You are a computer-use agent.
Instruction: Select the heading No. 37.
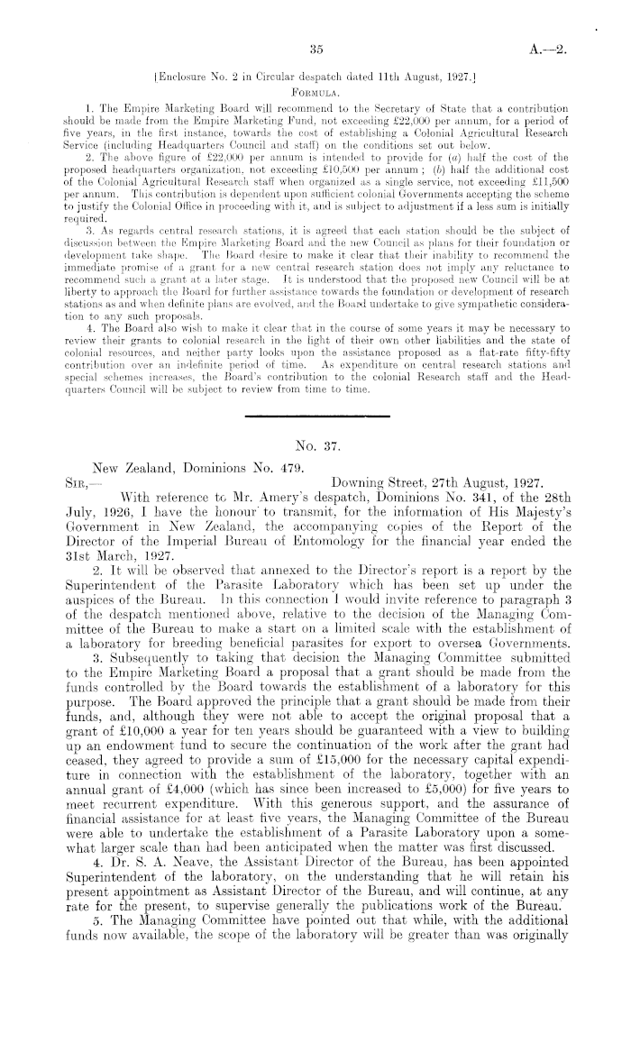click(x=315, y=443)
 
